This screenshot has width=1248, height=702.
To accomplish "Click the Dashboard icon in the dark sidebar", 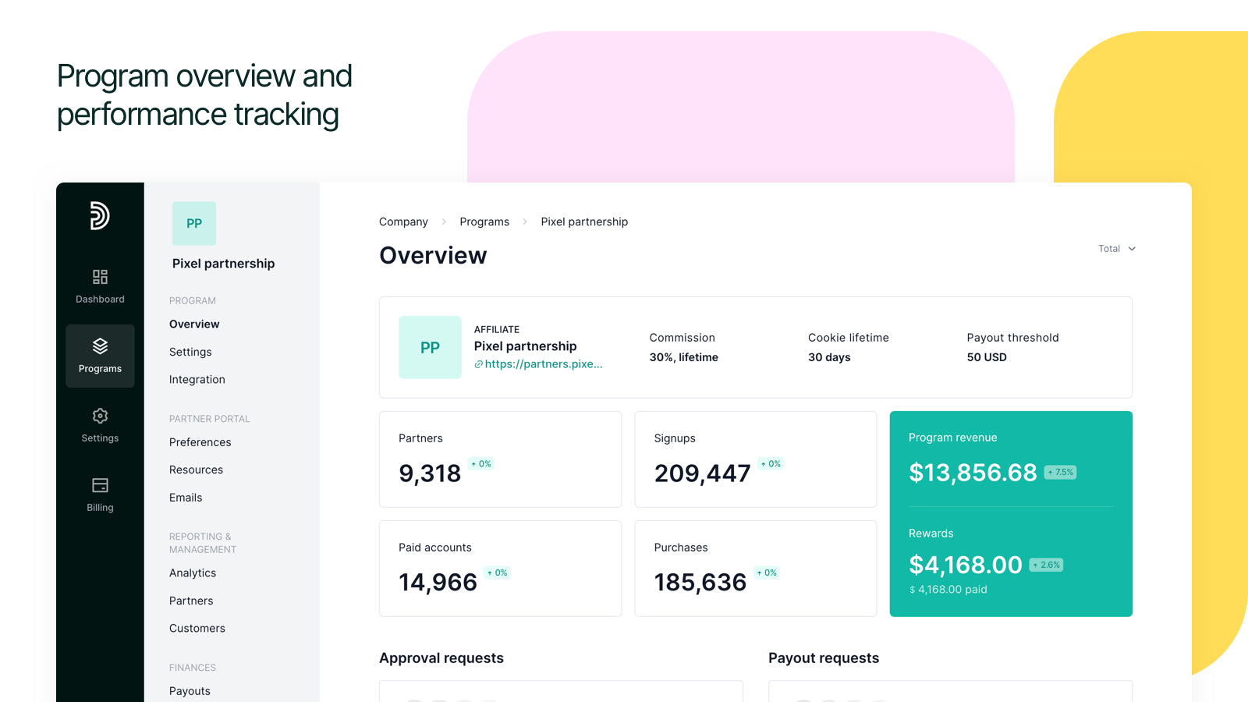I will [100, 278].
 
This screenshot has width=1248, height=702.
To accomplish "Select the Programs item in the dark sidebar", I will [100, 356].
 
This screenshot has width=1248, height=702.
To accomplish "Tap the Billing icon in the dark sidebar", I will [100, 486].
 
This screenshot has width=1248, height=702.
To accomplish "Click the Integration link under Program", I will [197, 380].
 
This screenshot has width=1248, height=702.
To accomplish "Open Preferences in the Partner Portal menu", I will [200, 442].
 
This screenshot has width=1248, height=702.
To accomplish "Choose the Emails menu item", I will [186, 498].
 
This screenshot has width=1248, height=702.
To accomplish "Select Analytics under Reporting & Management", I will [193, 573].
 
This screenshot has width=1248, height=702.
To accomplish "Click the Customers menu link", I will [197, 629].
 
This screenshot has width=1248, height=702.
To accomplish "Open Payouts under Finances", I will [190, 691].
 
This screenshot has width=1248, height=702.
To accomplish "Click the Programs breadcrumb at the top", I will [484, 222].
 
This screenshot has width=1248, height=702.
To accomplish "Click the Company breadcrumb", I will [403, 222].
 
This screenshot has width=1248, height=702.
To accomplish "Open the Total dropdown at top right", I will [1116, 249].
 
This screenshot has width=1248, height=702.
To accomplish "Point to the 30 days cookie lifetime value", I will [829, 357].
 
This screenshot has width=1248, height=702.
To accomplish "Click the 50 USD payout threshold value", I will [987, 357].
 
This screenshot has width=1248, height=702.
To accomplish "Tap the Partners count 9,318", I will [430, 473].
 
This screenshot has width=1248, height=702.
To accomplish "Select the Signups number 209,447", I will [702, 473].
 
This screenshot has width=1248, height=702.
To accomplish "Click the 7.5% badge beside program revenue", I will [1061, 473].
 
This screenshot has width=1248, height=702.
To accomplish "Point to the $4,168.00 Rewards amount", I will [965, 565].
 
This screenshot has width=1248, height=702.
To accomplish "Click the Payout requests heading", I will [824, 658].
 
